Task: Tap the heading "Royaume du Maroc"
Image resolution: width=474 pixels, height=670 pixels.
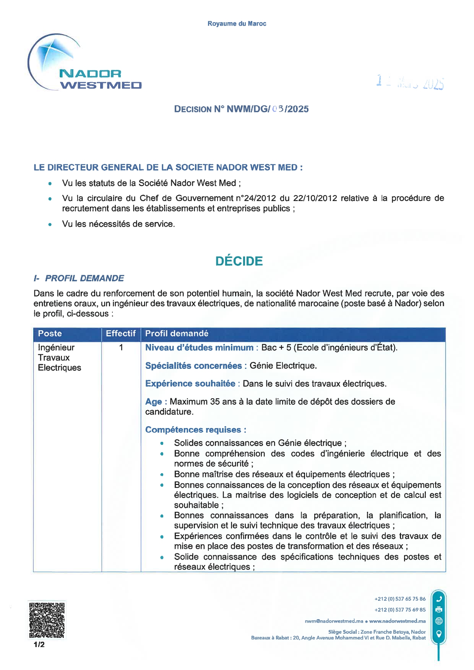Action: click(237, 24)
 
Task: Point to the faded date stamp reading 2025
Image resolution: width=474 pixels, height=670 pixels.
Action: click(410, 82)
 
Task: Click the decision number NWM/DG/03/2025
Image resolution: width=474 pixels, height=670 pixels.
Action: click(268, 109)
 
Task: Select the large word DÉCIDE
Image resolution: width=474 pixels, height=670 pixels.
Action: click(239, 261)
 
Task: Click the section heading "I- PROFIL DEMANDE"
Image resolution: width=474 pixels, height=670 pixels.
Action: click(79, 278)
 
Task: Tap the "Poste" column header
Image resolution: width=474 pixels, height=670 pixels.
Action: click(50, 334)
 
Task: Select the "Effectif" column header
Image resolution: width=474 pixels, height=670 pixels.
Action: click(121, 334)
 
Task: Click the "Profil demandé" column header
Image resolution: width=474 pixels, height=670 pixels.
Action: click(177, 334)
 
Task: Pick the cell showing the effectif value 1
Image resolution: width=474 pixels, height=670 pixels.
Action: click(121, 347)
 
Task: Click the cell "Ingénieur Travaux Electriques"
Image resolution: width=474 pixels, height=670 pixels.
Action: click(60, 358)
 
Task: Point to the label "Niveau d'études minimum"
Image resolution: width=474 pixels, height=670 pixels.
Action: click(199, 348)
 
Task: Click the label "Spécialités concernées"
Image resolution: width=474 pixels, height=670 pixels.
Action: click(193, 366)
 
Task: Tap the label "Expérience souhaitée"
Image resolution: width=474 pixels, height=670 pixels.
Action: click(190, 384)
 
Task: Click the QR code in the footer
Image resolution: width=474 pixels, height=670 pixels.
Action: click(47, 620)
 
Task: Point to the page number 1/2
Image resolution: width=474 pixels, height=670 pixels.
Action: click(39, 645)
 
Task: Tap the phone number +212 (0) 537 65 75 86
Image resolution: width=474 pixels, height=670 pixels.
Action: click(400, 599)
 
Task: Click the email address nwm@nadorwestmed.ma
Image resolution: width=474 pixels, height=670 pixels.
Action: click(334, 621)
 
